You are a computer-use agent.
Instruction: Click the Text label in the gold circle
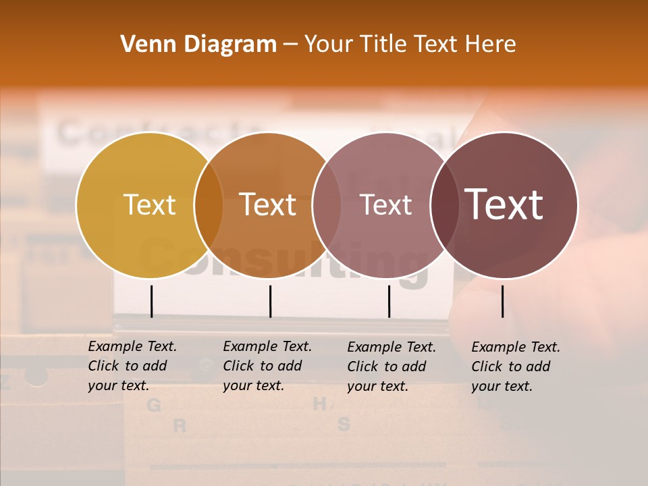click(x=149, y=205)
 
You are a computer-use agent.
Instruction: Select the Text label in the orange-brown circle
click(x=267, y=205)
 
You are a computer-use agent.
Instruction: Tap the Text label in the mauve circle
click(x=385, y=205)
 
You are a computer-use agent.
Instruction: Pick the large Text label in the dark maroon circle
click(x=504, y=205)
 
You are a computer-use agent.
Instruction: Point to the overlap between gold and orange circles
click(x=209, y=205)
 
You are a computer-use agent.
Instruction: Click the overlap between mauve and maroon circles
click(x=445, y=205)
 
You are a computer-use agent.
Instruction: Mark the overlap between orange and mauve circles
click(x=327, y=205)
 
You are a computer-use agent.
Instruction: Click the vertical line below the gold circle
click(x=151, y=301)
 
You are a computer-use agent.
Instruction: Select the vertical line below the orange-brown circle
click(x=270, y=301)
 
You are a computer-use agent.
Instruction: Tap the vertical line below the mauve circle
click(x=389, y=301)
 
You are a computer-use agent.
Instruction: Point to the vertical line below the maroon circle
click(x=502, y=301)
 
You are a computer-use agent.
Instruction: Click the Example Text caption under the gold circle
click(x=132, y=366)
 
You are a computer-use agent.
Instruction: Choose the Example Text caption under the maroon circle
click(x=515, y=367)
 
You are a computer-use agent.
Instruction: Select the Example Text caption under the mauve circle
click(x=391, y=367)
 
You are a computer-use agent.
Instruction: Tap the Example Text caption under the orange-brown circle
click(x=267, y=366)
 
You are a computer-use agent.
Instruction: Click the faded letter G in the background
click(x=154, y=405)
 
